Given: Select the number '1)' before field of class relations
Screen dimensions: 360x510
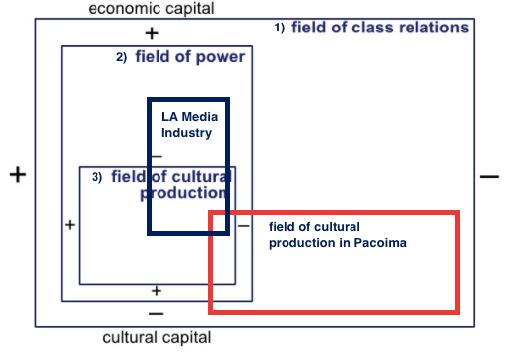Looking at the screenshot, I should point(279,28).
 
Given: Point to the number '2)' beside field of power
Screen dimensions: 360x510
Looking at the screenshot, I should point(121,57).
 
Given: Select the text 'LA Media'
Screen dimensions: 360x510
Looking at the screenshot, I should point(190,117).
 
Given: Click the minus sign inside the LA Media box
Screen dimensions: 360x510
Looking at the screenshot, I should point(157,157).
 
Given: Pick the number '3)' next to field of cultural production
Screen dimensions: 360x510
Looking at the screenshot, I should point(96,177).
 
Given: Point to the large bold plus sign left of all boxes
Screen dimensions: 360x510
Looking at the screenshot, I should point(17,175).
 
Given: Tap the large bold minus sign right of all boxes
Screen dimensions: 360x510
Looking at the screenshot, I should point(489,176).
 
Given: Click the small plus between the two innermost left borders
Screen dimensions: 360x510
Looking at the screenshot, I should point(69,225).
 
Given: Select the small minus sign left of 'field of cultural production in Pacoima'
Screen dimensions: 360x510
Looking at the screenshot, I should point(243,226).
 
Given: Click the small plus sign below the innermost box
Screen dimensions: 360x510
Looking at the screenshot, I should point(156,290).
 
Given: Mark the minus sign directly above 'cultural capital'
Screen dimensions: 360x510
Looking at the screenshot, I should point(156,314).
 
